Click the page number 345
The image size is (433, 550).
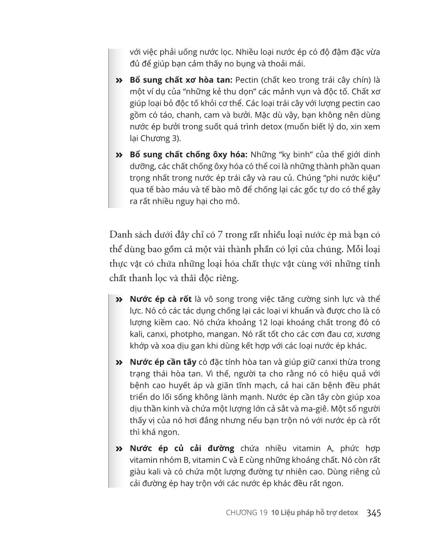point(373,513)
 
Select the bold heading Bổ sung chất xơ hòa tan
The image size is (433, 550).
point(181,80)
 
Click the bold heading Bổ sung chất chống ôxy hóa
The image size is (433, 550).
point(188,154)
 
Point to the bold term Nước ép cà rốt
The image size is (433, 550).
point(161,299)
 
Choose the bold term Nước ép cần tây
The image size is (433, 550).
point(163,362)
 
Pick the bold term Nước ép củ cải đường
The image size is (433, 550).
point(182,448)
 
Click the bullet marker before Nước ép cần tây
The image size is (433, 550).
point(119,362)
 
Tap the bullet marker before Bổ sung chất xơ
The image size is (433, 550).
point(119,81)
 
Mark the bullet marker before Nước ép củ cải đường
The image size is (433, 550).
point(119,449)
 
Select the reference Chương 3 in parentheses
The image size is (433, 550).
point(159,138)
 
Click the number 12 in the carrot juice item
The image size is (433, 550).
point(263,322)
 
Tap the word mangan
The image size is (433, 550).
point(223,334)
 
